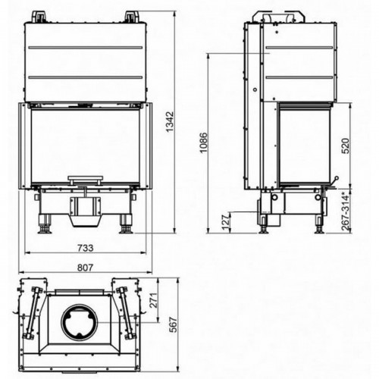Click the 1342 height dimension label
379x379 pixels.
tap(170, 121)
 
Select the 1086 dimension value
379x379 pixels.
tap(204, 143)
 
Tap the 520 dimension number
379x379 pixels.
tap(345, 146)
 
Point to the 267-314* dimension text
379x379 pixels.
tap(346, 211)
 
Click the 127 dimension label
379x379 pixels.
tap(227, 221)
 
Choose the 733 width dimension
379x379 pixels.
tap(86, 248)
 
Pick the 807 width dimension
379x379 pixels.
tap(86, 268)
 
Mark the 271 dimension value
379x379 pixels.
tap(153, 300)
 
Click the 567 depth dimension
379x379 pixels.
tap(174, 324)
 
